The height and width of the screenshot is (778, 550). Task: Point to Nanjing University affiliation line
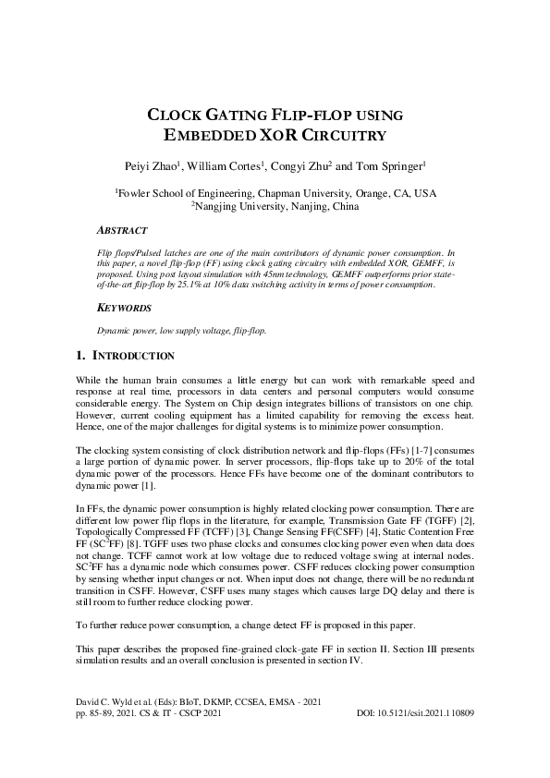tap(275, 207)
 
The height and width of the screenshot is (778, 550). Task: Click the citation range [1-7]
tap(407, 450)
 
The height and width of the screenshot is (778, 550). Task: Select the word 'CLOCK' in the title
tap(179, 116)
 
